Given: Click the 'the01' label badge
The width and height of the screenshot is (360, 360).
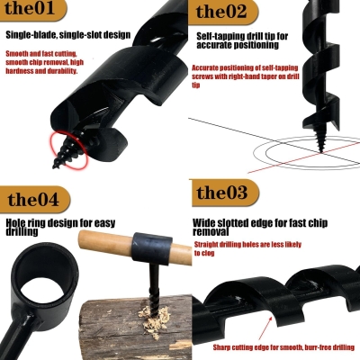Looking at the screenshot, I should (x=34, y=12).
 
